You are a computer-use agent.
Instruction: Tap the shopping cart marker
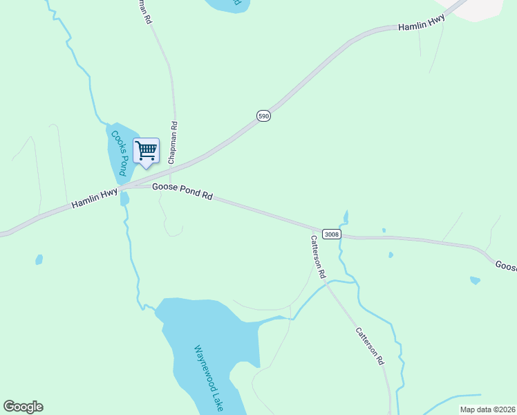(x=146, y=151)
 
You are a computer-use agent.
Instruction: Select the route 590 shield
(x=263, y=116)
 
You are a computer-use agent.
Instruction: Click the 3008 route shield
(x=332, y=234)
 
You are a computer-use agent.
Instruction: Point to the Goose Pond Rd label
(x=182, y=191)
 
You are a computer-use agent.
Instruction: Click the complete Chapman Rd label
(x=173, y=143)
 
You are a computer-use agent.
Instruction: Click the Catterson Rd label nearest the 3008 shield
(x=318, y=256)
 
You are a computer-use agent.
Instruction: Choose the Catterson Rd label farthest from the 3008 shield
(x=370, y=346)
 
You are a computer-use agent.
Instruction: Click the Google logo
(x=23, y=407)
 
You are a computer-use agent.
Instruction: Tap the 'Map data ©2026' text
(x=487, y=409)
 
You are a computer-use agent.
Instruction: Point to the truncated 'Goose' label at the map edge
(x=506, y=266)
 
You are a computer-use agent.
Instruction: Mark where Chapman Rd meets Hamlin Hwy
(x=176, y=166)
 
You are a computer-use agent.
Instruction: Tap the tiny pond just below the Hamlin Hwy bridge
(x=124, y=199)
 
